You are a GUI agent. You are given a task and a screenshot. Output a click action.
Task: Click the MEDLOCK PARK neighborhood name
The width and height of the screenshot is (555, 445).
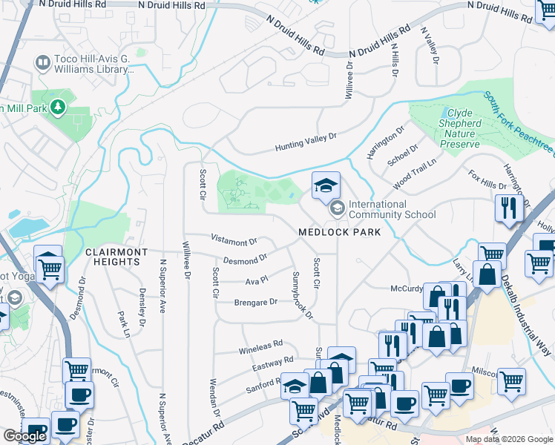click(339, 232)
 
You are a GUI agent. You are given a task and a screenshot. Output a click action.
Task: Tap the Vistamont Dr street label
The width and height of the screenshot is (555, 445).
click(234, 241)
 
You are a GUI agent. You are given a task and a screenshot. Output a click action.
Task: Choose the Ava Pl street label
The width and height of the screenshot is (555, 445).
click(256, 281)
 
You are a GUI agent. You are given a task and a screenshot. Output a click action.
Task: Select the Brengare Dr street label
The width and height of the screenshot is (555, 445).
click(255, 302)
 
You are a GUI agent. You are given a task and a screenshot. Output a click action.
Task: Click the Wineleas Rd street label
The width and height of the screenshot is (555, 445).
click(260, 345)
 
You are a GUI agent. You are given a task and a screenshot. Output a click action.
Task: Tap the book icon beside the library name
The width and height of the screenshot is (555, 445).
click(42, 62)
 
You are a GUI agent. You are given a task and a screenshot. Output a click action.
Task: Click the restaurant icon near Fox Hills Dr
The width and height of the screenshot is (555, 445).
click(508, 207)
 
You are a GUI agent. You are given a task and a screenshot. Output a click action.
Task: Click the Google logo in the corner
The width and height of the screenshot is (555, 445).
click(24, 436)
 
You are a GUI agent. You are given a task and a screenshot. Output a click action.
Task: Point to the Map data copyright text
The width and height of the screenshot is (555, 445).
click(510, 439)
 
